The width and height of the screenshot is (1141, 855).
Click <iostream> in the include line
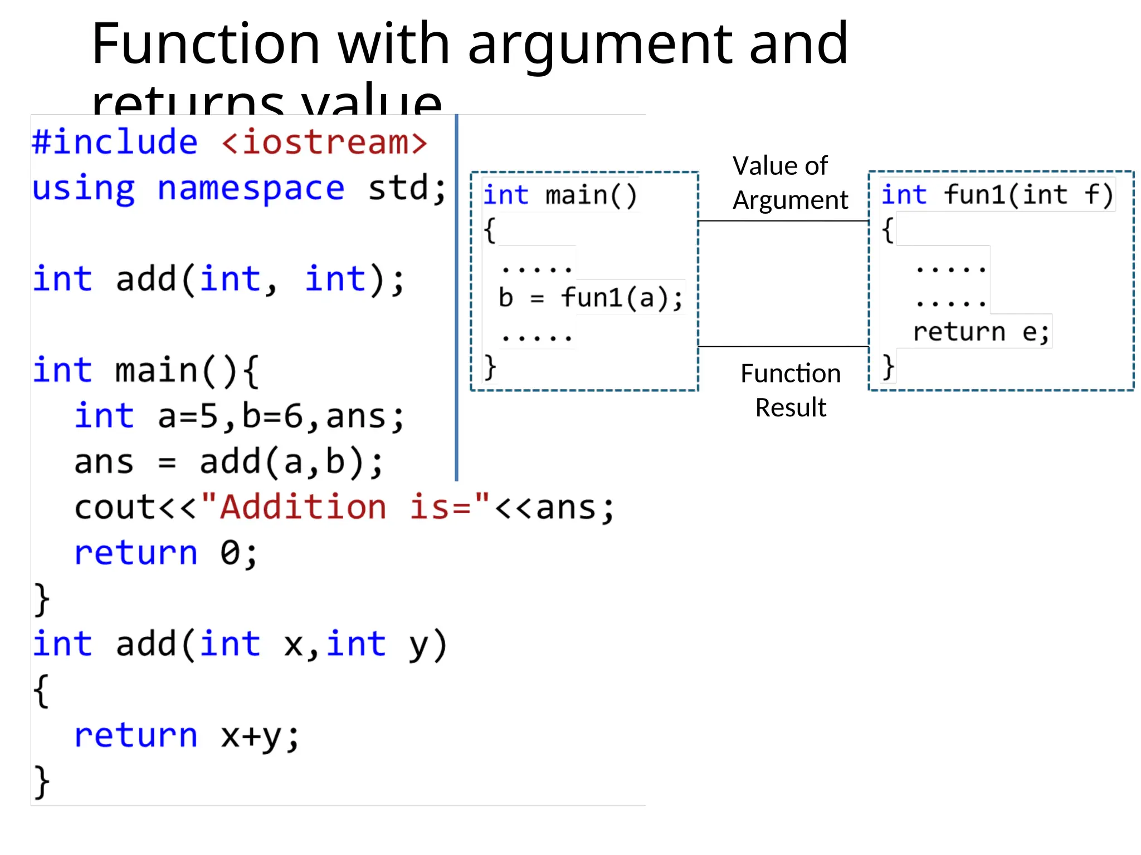click(x=324, y=142)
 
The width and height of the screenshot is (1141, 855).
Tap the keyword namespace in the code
click(x=251, y=188)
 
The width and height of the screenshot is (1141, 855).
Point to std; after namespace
click(x=407, y=188)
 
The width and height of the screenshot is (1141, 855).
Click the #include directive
click(x=115, y=142)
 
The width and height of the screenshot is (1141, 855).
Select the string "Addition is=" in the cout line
click(x=345, y=507)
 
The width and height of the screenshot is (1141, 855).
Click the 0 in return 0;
click(x=230, y=553)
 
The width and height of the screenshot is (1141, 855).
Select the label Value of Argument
click(x=789, y=183)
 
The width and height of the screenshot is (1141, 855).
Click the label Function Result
click(x=790, y=390)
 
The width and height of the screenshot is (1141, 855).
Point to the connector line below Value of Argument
click(x=783, y=221)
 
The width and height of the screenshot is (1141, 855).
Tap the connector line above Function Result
click(x=783, y=346)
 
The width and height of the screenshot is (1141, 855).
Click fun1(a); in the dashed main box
click(x=622, y=298)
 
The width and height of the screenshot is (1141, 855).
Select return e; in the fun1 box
click(x=981, y=332)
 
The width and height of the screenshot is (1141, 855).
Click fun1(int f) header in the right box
click(x=1028, y=195)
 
